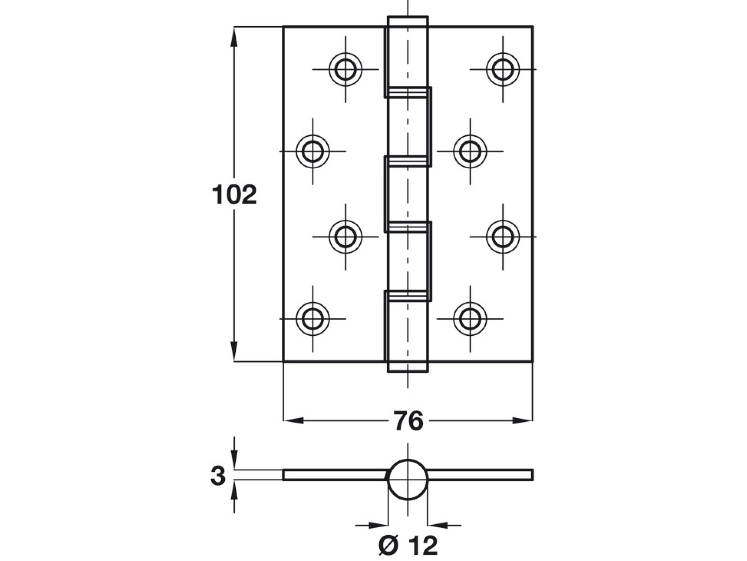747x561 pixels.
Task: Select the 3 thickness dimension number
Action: click(x=218, y=476)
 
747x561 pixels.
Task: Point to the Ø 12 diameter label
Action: click(x=408, y=545)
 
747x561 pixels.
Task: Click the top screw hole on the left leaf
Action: click(x=345, y=69)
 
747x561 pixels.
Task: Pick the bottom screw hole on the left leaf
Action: click(x=312, y=319)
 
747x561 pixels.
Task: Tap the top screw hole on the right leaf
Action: click(x=503, y=69)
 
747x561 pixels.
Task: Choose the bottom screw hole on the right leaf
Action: click(x=470, y=319)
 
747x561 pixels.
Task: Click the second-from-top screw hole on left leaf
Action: click(x=312, y=151)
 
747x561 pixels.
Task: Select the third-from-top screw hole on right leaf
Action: click(x=503, y=236)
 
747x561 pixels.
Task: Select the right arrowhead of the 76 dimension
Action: click(x=522, y=421)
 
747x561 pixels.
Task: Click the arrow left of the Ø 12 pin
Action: click(x=378, y=525)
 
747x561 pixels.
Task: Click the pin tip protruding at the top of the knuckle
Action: click(x=408, y=22)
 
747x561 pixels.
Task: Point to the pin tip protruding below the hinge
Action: click(x=408, y=367)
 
